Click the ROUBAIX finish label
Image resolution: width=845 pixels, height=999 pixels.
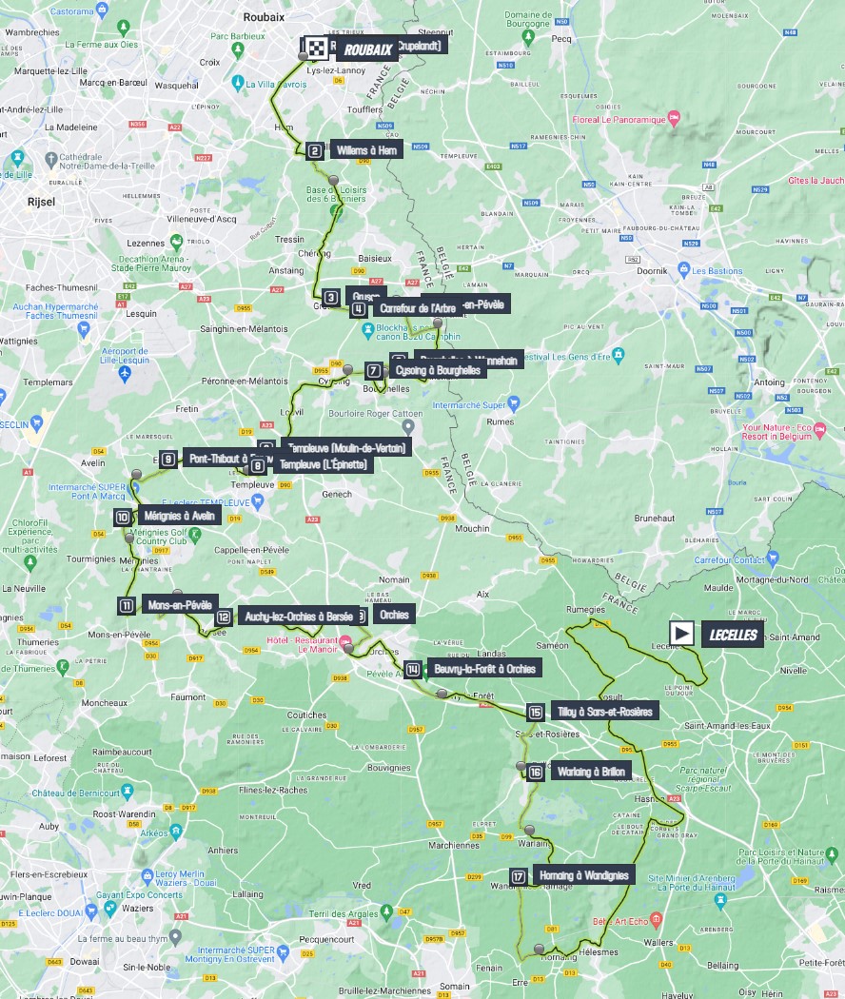(x=365, y=49)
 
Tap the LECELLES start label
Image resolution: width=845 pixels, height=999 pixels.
(x=733, y=635)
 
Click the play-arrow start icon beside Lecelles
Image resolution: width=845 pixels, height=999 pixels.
(x=681, y=634)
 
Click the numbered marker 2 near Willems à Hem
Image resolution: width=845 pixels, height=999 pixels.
(x=315, y=150)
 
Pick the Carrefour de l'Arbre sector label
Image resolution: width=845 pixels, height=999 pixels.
(x=417, y=308)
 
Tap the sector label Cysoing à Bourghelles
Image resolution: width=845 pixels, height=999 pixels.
(x=439, y=370)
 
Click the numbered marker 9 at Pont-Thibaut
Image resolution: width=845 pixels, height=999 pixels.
(x=168, y=460)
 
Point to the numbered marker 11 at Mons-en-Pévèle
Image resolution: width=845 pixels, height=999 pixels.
(x=127, y=605)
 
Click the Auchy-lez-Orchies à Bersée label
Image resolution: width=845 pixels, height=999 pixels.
(x=298, y=616)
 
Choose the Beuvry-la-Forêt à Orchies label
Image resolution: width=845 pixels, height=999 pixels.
(x=484, y=669)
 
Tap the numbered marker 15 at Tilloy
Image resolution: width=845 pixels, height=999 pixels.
(x=536, y=712)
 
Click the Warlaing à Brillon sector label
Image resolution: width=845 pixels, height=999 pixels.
(x=590, y=772)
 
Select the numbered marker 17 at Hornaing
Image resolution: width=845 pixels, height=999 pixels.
(x=519, y=876)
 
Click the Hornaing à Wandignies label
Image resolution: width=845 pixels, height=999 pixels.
(x=583, y=875)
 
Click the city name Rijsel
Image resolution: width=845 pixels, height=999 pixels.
(x=42, y=201)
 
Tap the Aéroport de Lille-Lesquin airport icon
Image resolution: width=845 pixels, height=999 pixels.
(x=126, y=375)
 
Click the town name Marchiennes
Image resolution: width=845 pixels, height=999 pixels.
(x=454, y=845)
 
